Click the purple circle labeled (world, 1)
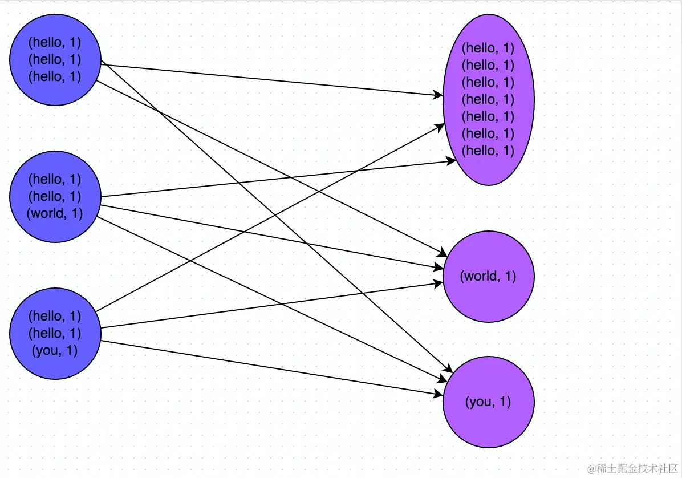click(488, 277)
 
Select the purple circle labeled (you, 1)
click(488, 402)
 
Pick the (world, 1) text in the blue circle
click(55, 214)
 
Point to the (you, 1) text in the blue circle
click(55, 351)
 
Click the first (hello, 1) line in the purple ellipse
click(488, 48)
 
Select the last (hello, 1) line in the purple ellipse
click(488, 151)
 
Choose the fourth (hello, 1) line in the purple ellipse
click(488, 99)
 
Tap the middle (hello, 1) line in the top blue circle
click(55, 59)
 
